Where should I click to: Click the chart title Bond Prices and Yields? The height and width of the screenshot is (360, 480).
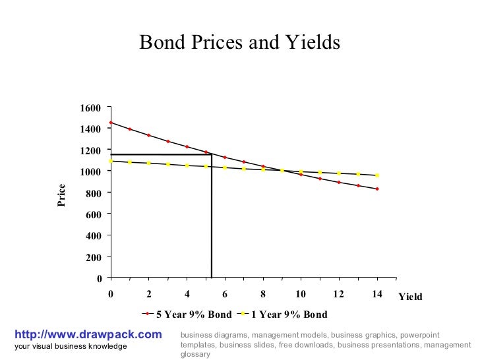point(239,43)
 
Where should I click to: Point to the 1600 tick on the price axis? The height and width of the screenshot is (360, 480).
point(91,107)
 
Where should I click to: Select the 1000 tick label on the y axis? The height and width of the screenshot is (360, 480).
point(91,171)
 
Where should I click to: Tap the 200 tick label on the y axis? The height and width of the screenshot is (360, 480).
point(94,257)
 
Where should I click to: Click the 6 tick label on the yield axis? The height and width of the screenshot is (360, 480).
point(225,294)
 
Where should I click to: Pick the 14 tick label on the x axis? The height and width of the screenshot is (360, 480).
point(376,294)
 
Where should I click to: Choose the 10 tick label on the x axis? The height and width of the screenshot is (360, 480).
point(301,294)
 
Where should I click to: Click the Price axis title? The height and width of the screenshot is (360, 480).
point(61,195)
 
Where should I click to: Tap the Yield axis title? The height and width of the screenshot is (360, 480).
point(410,297)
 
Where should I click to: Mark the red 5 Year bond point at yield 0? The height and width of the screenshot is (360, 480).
point(111,123)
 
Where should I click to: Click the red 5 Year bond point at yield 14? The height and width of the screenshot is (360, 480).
point(377,189)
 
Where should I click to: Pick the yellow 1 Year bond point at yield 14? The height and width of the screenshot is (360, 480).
point(377,175)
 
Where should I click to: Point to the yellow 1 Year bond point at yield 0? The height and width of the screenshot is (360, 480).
point(111,161)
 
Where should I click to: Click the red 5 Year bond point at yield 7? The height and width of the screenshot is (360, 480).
point(244,162)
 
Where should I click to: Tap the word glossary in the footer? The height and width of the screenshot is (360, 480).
point(195,354)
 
